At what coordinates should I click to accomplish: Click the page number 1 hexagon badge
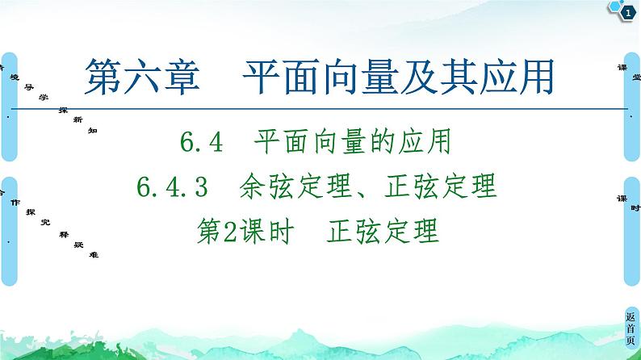(625, 10)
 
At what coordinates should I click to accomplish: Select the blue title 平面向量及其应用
(397, 79)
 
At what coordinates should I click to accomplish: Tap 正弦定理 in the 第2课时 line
(383, 232)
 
